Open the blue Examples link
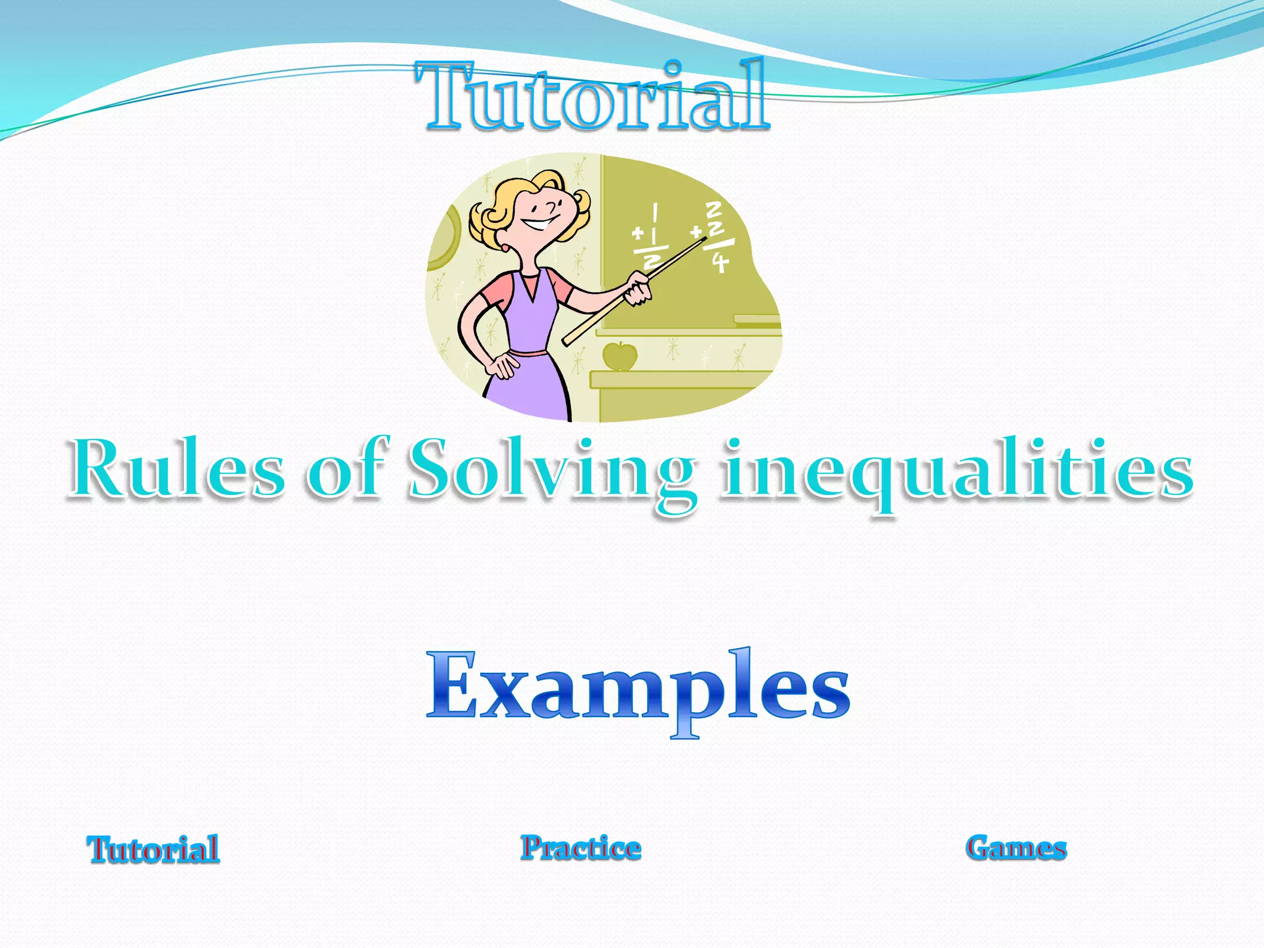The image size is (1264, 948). [x=638, y=688]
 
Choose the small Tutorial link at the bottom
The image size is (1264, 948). [x=153, y=849]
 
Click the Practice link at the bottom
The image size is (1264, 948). [x=581, y=847]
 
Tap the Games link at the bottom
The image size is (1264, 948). [x=1017, y=847]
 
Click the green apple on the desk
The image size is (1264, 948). [x=619, y=356]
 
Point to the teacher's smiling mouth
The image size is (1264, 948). [x=538, y=223]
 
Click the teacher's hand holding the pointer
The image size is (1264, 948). [x=638, y=289]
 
